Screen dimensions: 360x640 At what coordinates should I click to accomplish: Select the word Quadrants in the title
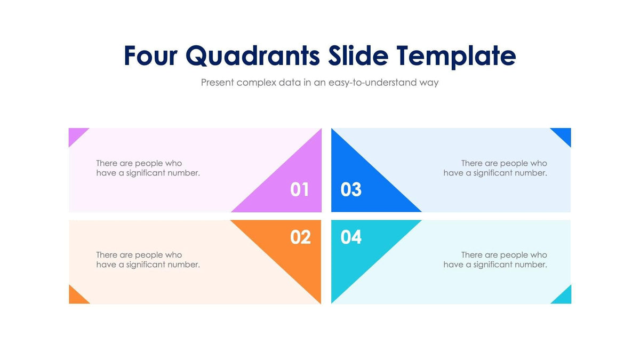tap(253, 56)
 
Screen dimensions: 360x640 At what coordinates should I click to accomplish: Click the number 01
tap(299, 189)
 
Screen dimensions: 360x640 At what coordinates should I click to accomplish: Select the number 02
tap(300, 237)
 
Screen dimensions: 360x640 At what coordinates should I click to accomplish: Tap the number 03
tap(351, 189)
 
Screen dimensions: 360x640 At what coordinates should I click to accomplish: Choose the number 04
tap(351, 237)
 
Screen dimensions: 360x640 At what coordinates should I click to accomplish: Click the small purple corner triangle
tap(75, 134)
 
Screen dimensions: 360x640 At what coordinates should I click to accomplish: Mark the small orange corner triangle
tap(76, 297)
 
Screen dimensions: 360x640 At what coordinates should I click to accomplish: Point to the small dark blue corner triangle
tap(564, 134)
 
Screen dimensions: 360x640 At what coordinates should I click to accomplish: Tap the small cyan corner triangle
tap(564, 297)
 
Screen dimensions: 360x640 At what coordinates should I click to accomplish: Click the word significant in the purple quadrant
tap(146, 173)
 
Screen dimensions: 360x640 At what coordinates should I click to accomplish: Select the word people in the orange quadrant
tap(150, 255)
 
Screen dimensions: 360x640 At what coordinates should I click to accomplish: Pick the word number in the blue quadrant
tap(531, 173)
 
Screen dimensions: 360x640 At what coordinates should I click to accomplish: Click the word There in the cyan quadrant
tap(472, 255)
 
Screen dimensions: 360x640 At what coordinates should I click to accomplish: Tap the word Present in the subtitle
tap(217, 83)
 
